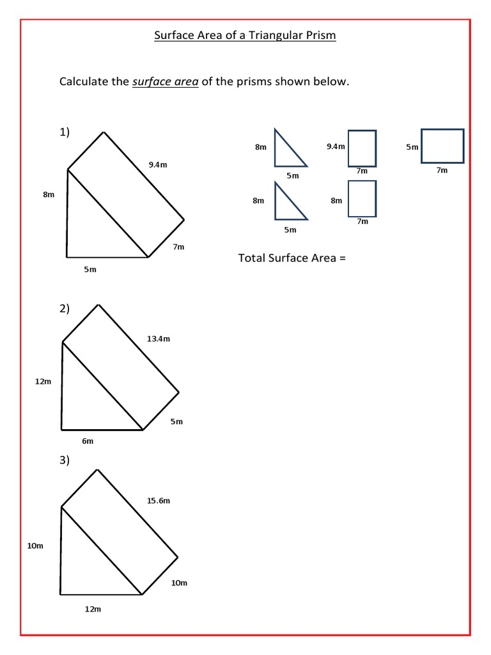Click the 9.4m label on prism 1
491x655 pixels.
158,165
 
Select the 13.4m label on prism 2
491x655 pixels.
159,339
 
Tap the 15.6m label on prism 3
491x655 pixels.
159,501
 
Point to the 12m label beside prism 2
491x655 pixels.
43,382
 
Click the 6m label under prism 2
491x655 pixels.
88,441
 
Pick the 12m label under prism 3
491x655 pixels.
93,609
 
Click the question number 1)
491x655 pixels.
65,132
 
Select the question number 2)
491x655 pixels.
65,308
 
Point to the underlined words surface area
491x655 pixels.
165,82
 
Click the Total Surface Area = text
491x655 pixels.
292,258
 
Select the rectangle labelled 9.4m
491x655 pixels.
362,148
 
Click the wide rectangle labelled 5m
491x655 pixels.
442,146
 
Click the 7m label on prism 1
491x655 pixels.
178,247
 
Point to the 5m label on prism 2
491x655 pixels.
176,422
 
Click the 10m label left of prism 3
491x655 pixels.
35,546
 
